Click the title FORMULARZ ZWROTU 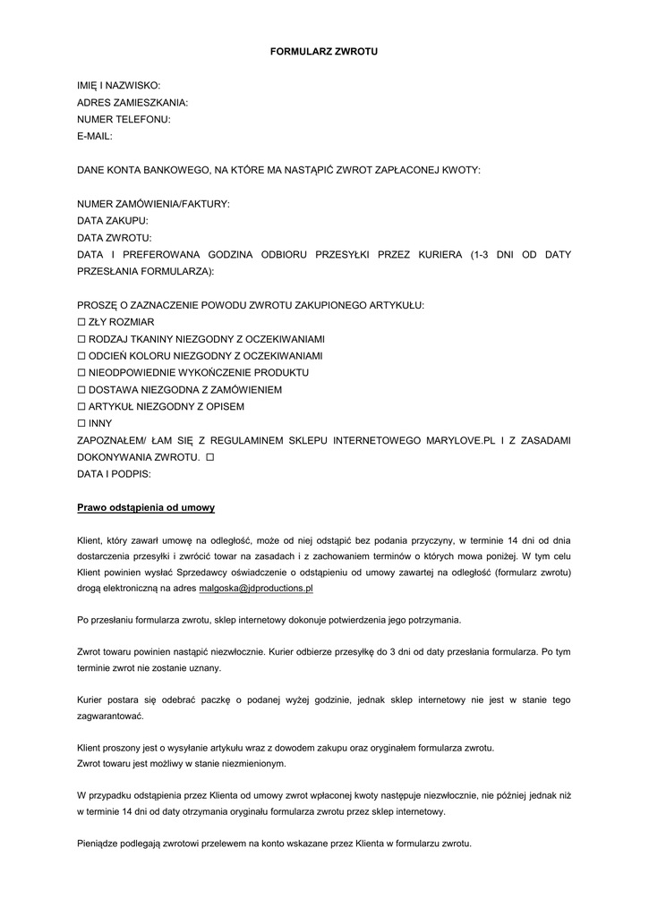[324, 52]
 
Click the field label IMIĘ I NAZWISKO [119, 85]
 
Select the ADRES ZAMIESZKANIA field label [132, 102]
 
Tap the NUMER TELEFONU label [124, 119]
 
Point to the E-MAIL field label [95, 136]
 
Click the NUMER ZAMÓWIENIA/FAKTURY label [153, 204]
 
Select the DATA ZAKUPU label [113, 221]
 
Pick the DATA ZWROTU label [115, 238]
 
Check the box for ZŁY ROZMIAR [81, 322]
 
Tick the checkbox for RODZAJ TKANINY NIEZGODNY [81, 339]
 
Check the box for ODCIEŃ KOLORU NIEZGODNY [81, 356]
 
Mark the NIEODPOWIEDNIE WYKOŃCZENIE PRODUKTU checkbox [81, 372]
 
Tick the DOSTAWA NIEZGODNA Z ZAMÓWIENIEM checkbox [81, 389]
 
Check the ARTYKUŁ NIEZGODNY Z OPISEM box [81, 406]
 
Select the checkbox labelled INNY [81, 423]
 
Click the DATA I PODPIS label [115, 474]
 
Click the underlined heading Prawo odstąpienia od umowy [146, 508]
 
